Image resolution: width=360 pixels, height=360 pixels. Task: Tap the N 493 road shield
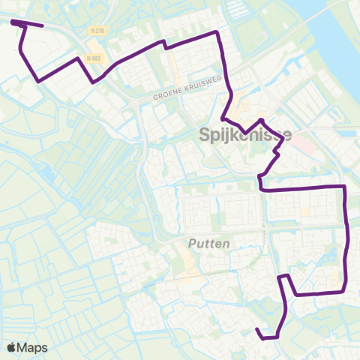pyautogui.click(x=94, y=58)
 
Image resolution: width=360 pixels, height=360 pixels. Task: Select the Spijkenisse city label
pyautogui.click(x=245, y=136)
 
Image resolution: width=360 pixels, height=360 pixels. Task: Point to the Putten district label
pyautogui.click(x=208, y=244)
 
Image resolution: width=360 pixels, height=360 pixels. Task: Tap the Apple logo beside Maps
pyautogui.click(x=13, y=348)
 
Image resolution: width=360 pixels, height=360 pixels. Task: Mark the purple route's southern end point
pyautogui.click(x=257, y=329)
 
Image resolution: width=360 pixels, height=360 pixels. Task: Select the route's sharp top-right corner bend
pyautogui.click(x=217, y=32)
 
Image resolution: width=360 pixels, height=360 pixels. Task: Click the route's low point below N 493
pyautogui.click(x=92, y=82)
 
